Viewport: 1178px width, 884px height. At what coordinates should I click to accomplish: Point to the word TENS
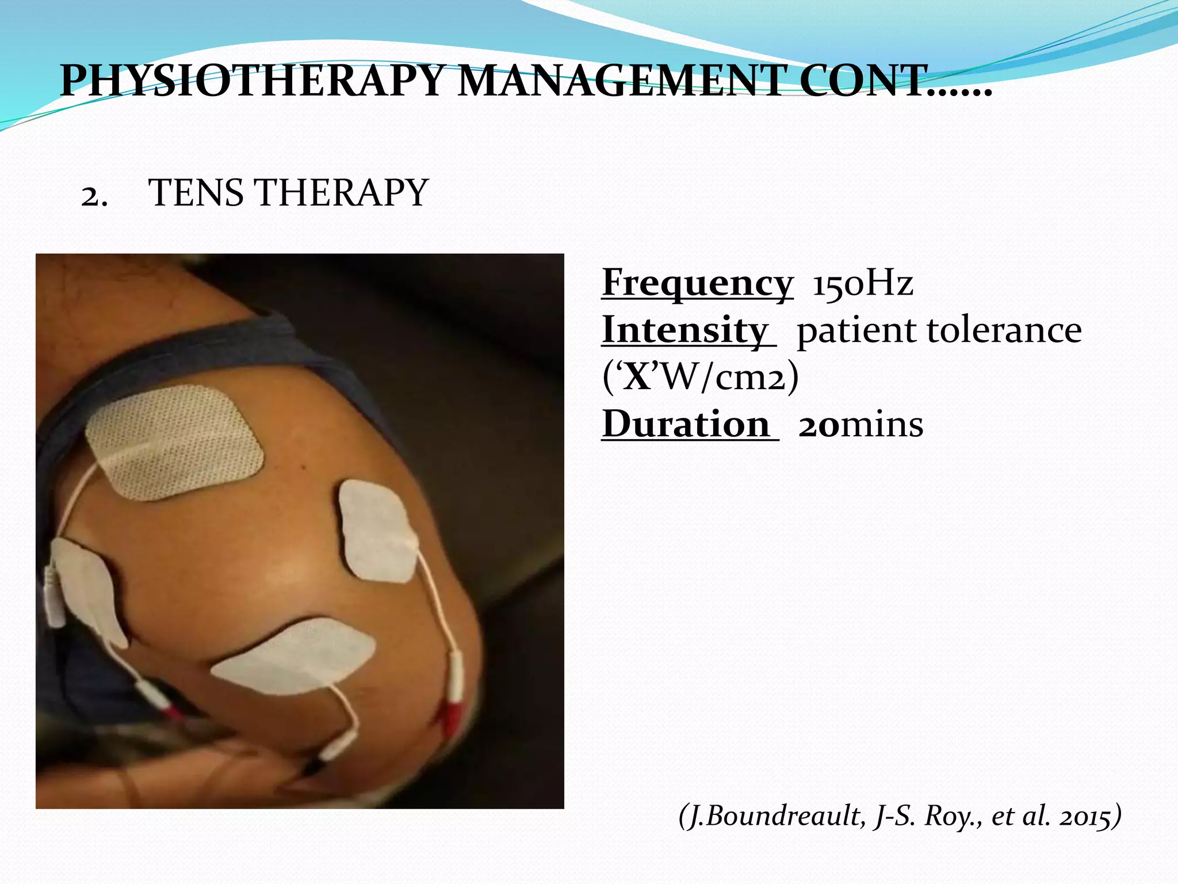(196, 192)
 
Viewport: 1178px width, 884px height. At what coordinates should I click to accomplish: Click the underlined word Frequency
(697, 283)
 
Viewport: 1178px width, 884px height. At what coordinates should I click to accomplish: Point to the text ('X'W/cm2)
(701, 378)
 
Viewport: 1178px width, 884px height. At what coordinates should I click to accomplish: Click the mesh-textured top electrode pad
(174, 442)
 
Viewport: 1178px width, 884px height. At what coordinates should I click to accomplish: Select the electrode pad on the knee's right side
(377, 531)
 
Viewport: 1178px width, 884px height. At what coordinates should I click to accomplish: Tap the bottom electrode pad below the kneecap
(296, 656)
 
